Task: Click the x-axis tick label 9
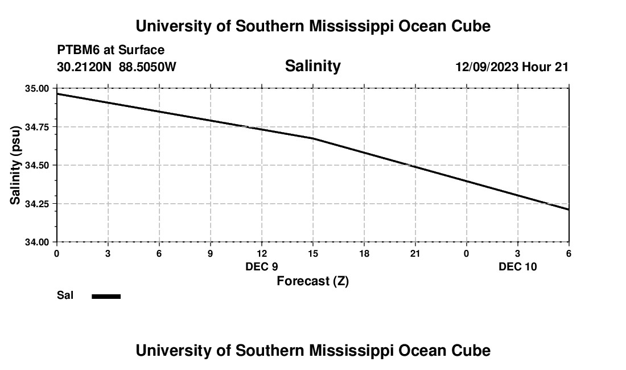(211, 253)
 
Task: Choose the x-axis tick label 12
(262, 253)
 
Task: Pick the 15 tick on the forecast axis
(313, 253)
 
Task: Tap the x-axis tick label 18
(364, 253)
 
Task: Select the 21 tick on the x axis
(415, 253)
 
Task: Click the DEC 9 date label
(262, 266)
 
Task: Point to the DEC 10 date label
(518, 266)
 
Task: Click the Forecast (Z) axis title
(312, 281)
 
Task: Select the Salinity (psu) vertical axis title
(16, 165)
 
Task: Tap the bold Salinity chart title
(312, 66)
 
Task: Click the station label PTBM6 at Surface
(110, 50)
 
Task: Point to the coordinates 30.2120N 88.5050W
(117, 67)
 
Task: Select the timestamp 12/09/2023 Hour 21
(512, 67)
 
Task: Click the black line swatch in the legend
(106, 296)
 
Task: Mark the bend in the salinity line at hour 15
(313, 138)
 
